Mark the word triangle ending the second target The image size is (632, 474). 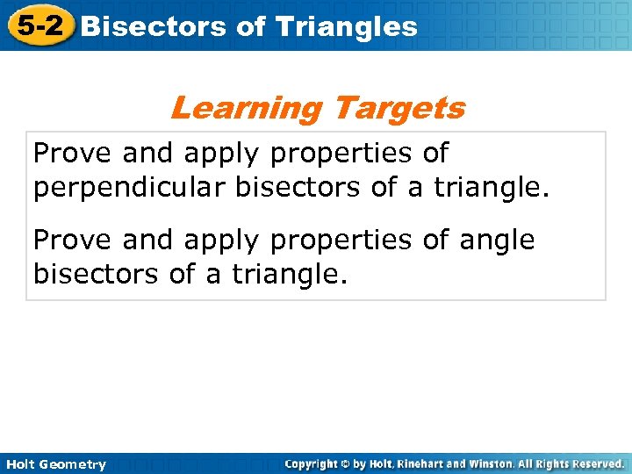click(290, 275)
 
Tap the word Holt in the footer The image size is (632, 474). click(19, 464)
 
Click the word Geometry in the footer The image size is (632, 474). click(73, 464)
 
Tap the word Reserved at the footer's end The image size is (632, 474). click(597, 463)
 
